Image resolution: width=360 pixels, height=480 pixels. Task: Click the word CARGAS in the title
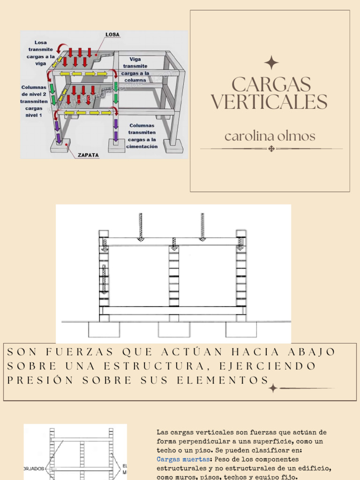click(271, 85)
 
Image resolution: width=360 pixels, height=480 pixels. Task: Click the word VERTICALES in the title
click(269, 102)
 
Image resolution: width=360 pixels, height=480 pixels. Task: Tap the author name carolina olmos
click(270, 136)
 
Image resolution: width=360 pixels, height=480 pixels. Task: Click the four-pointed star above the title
click(271, 63)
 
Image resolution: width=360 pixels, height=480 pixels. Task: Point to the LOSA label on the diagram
click(112, 35)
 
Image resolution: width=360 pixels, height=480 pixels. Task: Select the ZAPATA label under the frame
click(88, 155)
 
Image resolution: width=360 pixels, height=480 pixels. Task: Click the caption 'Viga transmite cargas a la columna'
click(135, 69)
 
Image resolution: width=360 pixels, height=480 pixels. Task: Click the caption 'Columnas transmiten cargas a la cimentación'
click(142, 136)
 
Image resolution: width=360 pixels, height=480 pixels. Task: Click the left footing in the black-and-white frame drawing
click(104, 329)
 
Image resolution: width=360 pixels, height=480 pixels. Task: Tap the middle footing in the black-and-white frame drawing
click(174, 329)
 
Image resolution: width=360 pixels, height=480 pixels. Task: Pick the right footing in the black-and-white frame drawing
click(241, 329)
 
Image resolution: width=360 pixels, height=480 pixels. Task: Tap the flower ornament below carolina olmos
click(271, 149)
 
